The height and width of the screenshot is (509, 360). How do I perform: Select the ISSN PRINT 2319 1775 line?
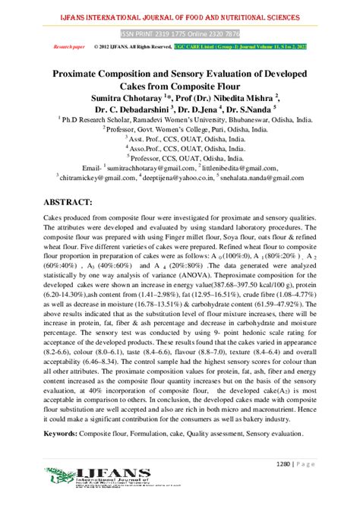tap(178, 34)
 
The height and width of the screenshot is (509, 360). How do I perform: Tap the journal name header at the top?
tap(179, 16)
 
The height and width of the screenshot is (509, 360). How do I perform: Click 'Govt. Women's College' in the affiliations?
tap(171, 131)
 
